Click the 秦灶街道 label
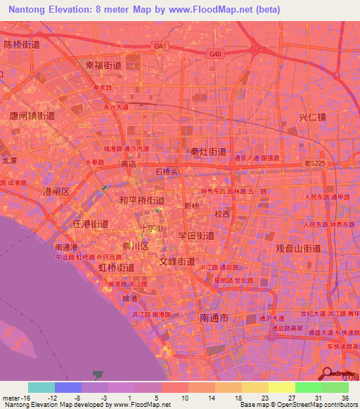[209, 151]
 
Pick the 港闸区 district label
[56, 191]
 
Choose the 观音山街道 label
[298, 248]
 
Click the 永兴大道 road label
[116, 108]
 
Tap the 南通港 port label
[66, 247]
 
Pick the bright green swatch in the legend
[308, 387]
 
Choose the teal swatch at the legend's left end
[41, 387]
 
